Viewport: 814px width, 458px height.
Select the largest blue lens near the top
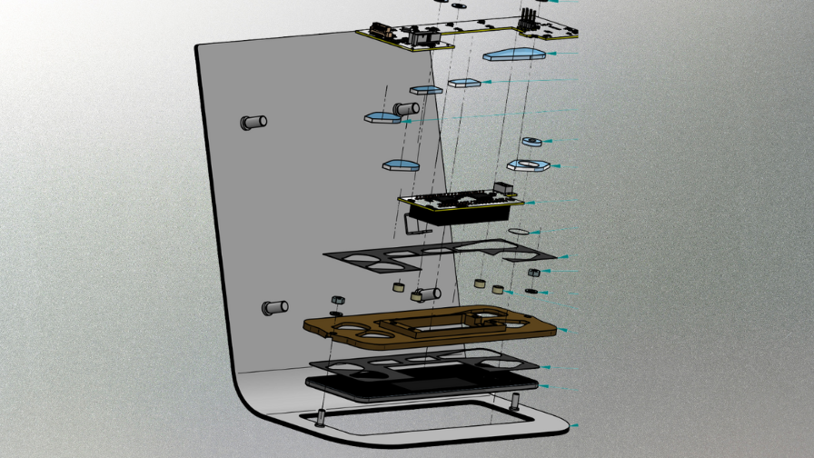pos(513,55)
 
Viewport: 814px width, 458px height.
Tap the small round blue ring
pos(531,142)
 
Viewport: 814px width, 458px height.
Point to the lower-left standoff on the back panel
pos(273,308)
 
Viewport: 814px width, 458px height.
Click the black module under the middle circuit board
pos(454,214)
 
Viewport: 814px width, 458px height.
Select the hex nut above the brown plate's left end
pos(335,300)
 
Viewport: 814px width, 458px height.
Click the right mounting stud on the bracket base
pos(516,400)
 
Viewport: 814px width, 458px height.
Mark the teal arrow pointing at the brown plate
pos(565,329)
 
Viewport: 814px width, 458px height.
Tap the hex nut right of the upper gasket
pos(534,272)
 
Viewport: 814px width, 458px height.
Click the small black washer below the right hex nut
pos(532,291)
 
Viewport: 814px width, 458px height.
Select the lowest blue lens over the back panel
pos(400,164)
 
